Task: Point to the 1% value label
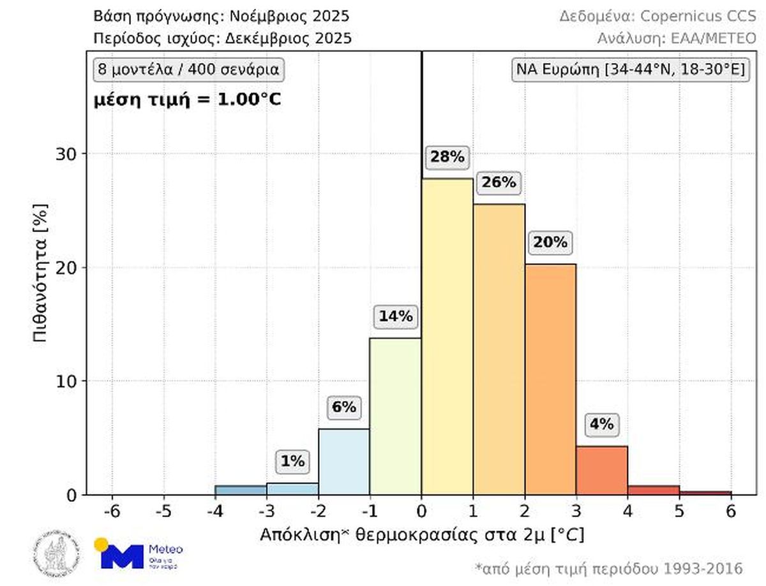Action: point(293,461)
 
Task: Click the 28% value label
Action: point(447,157)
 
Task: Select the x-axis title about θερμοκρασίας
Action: point(421,534)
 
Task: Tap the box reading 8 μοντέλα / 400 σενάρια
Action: point(189,69)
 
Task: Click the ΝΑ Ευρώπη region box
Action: point(631,69)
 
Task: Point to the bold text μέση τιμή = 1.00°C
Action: point(188,99)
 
